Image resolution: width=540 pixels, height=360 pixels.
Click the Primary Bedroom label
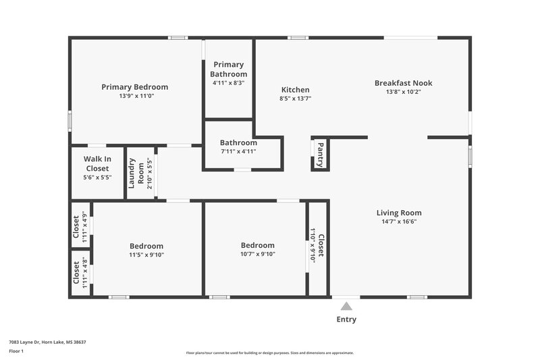(x=134, y=87)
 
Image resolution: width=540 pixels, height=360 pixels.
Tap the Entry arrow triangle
(x=346, y=306)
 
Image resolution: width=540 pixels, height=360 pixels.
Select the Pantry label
(x=320, y=153)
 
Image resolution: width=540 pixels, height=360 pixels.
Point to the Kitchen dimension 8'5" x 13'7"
(x=295, y=99)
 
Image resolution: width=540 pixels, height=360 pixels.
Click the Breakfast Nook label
(x=403, y=83)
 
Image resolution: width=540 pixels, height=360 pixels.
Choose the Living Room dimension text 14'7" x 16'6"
(x=398, y=222)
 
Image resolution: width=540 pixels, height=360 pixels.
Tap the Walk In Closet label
(x=97, y=163)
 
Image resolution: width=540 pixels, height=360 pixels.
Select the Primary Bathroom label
(x=228, y=70)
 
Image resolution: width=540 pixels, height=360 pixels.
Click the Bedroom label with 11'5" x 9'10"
(x=146, y=247)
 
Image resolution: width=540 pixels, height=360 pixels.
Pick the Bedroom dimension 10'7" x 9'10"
(x=257, y=254)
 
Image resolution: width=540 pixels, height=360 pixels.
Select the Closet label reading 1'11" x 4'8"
(x=76, y=273)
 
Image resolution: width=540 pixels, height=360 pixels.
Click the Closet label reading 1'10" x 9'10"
(x=321, y=247)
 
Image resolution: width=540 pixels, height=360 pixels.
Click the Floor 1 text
(x=16, y=351)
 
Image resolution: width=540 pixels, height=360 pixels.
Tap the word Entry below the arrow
(x=346, y=319)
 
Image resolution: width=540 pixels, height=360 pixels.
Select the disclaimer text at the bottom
(x=269, y=353)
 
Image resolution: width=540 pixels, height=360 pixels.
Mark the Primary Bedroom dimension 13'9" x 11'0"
(x=134, y=97)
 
